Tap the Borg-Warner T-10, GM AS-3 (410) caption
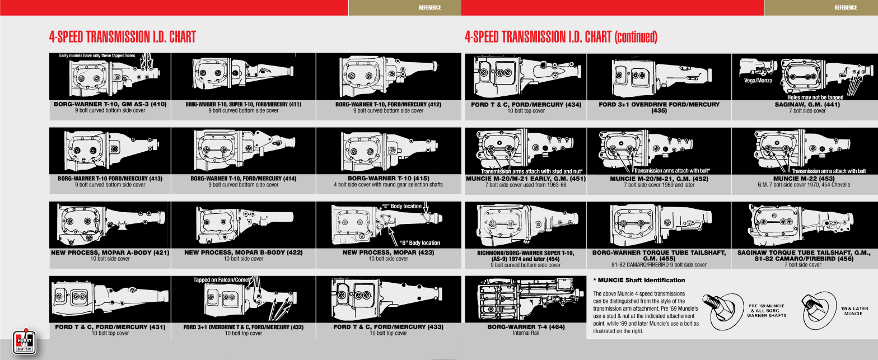coord(110,104)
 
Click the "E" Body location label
coord(401,206)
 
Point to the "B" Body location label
coord(420,243)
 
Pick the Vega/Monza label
coord(758,81)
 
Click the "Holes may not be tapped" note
coord(815,97)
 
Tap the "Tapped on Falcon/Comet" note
coord(222,280)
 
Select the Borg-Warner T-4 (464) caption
coord(526,327)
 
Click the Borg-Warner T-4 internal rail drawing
coord(526,300)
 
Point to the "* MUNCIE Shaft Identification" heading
coord(639,280)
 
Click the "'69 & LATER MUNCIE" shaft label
coord(854,311)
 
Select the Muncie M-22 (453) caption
coord(804,179)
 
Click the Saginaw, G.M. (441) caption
coord(807,105)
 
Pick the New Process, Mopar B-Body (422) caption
coord(244,253)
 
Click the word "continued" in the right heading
coord(636,37)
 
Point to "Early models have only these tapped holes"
coord(97,55)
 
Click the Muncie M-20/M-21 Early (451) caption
coord(526,179)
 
